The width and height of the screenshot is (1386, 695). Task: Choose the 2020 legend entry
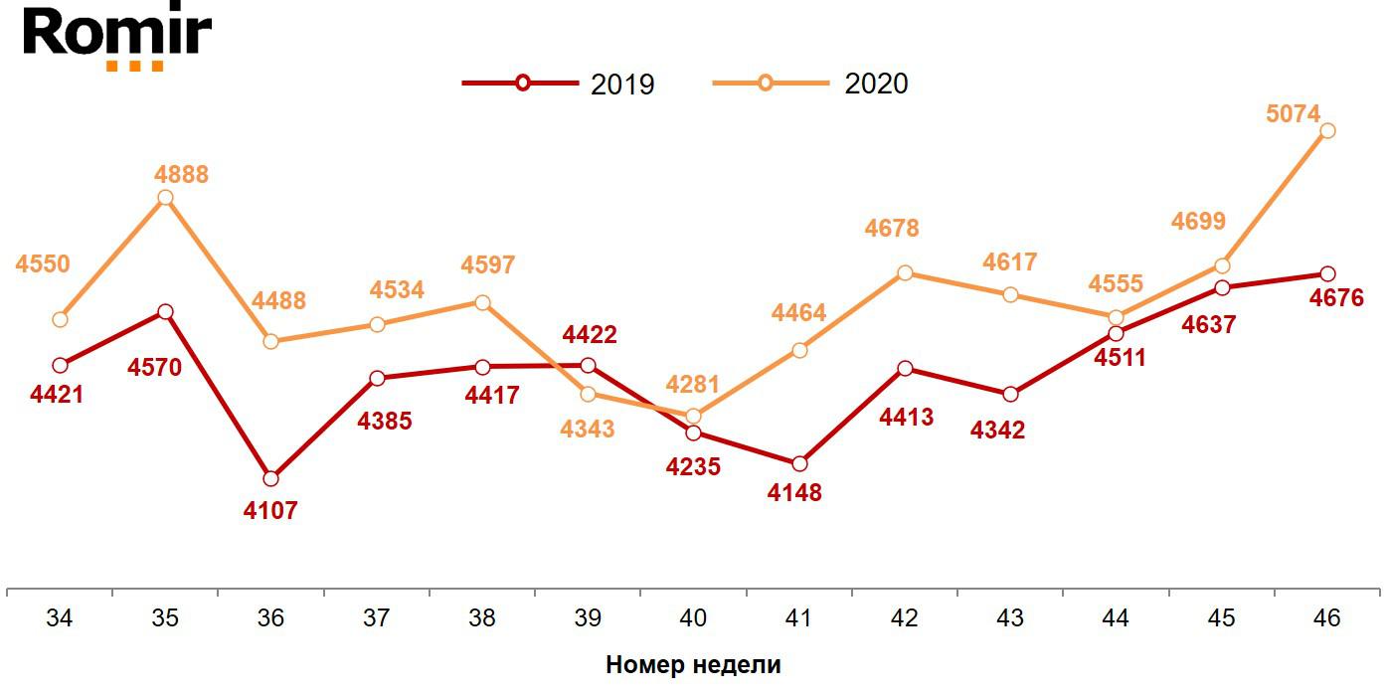point(811,84)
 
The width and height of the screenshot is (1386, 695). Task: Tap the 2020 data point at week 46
point(1326,130)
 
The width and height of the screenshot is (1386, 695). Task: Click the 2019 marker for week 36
point(270,478)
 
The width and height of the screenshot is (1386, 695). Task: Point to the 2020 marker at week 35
point(165,197)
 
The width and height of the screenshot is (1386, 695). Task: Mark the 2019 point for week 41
point(798,463)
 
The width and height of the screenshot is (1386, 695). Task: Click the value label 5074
point(1294,113)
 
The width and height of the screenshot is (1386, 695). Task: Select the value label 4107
point(270,511)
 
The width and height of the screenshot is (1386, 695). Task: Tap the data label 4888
point(181,175)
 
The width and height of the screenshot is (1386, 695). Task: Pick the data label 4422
point(590,334)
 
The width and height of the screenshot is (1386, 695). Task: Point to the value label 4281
point(693,384)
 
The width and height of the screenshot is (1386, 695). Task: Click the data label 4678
point(892,229)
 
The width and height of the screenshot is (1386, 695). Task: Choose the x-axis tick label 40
point(693,618)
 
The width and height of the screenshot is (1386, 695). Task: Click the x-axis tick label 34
point(60,618)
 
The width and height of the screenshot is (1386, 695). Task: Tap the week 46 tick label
point(1326,618)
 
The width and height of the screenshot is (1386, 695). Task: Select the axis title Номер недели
point(693,665)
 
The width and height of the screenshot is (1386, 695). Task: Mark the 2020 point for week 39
point(588,394)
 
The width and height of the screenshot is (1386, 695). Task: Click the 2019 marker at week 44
point(1116,333)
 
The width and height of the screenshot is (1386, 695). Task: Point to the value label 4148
point(795,492)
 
